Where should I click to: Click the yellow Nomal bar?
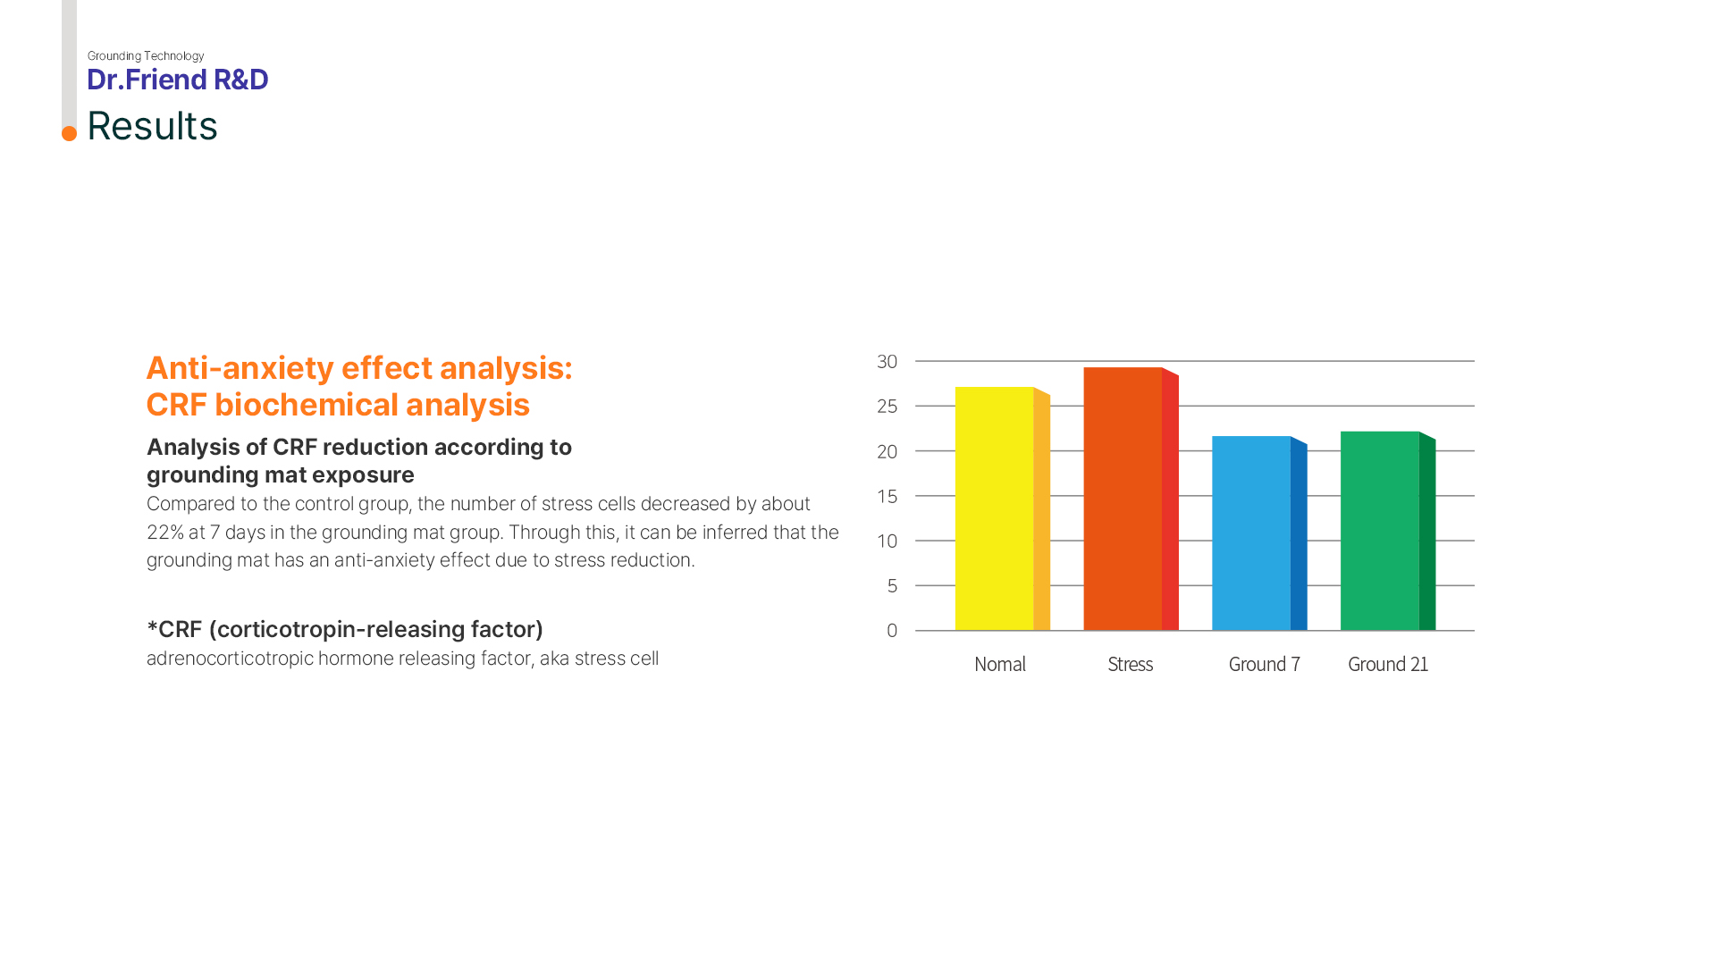click(1002, 508)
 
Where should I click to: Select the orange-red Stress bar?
click(1131, 499)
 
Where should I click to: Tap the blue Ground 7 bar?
click(1259, 533)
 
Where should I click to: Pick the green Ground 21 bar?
click(1388, 531)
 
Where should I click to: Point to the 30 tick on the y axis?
click(887, 362)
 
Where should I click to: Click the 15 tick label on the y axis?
click(887, 496)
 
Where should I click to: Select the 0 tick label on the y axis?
click(892, 631)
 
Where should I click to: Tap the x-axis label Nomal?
click(1000, 664)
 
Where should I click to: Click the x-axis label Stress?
click(1131, 664)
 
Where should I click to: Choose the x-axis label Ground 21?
click(1388, 664)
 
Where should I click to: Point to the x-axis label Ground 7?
click(1264, 664)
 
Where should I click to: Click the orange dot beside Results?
click(69, 133)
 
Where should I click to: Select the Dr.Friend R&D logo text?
click(177, 80)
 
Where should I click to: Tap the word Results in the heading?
click(152, 126)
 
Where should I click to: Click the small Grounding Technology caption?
click(146, 55)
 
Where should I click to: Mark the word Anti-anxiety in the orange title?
click(240, 368)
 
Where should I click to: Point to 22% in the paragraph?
click(164, 533)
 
